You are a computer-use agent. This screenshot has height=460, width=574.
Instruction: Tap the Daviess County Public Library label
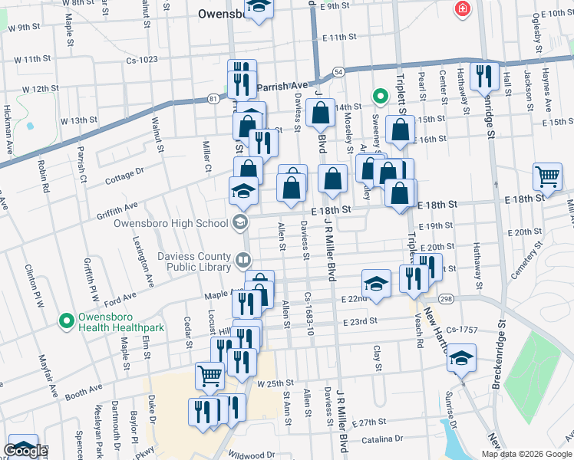(195, 261)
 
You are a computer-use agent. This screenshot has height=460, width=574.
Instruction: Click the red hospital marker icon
(462, 9)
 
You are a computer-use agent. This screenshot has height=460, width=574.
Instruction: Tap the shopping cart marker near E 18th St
(548, 176)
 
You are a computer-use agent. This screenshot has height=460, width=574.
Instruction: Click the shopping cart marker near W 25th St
(209, 376)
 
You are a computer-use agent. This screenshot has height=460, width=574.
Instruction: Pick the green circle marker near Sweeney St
(378, 96)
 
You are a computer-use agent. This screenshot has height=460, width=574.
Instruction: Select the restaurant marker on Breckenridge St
(483, 75)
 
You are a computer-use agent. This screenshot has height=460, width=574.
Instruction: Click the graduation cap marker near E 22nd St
(375, 283)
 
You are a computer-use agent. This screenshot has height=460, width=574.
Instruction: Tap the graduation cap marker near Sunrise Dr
(462, 357)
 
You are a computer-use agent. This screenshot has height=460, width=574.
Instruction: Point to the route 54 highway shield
(338, 72)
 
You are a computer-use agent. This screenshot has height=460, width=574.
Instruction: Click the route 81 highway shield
(213, 98)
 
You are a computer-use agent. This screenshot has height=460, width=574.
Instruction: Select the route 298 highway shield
(445, 299)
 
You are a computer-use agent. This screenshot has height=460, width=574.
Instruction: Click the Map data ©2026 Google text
(526, 454)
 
